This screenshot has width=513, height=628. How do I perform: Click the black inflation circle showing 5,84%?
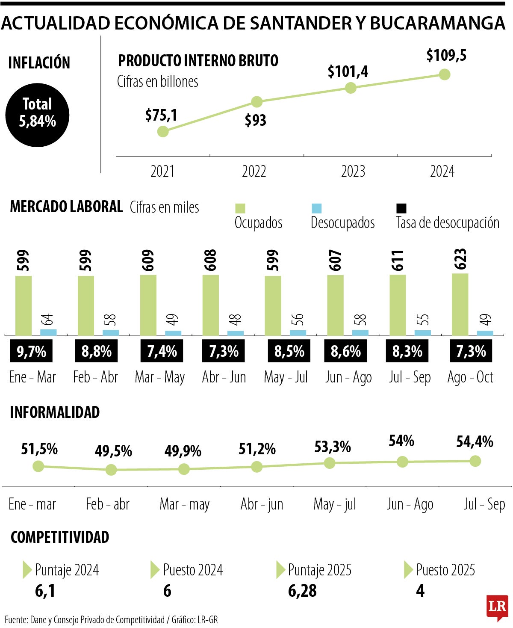tap(38, 115)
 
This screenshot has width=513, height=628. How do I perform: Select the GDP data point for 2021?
tap(163, 131)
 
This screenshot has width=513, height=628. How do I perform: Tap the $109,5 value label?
tap(446, 56)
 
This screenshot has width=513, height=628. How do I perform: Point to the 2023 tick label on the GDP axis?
tap(353, 172)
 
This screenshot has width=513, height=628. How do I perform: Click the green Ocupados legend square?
tap(240, 208)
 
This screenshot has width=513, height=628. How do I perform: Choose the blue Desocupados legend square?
tap(316, 208)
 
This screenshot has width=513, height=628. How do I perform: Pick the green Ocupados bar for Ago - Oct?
tap(460, 305)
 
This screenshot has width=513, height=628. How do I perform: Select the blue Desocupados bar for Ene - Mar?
tap(48, 332)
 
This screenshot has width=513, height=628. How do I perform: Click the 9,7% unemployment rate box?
tap(32, 351)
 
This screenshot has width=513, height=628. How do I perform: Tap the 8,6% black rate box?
tap(345, 351)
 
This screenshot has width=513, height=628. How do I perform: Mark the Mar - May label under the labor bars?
tap(160, 377)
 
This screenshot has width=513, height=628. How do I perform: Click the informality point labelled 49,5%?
tap(111, 470)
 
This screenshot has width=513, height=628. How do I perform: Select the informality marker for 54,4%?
tap(475, 461)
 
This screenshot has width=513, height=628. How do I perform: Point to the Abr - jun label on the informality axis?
tap(262, 504)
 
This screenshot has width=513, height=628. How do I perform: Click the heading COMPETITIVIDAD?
tap(60, 537)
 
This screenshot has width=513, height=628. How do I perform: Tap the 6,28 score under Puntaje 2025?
tap(302, 591)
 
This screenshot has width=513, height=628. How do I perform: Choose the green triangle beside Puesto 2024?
tap(155, 570)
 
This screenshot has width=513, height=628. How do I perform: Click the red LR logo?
tap(497, 607)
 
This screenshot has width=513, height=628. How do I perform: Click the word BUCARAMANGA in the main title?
tap(438, 23)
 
